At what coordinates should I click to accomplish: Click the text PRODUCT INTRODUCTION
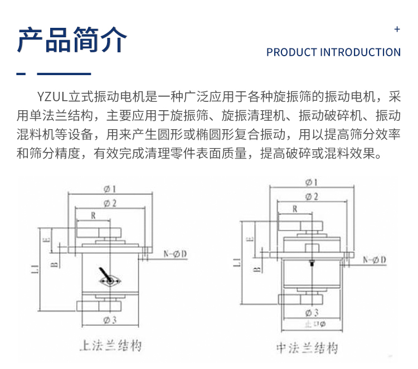[x=333, y=52]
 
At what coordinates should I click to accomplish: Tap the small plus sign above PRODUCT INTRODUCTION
[x=397, y=29]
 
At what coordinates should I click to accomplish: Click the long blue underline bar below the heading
[x=64, y=73]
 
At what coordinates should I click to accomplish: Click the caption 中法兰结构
[x=307, y=348]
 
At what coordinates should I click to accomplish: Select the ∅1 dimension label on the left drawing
[x=110, y=188]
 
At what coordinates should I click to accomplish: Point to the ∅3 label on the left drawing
[x=109, y=320]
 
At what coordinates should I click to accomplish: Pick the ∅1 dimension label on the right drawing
[x=312, y=182]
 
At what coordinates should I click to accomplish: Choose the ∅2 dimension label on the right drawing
[x=312, y=196]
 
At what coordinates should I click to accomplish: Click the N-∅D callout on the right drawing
[x=375, y=260]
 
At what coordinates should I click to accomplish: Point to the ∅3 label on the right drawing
[x=312, y=312]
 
